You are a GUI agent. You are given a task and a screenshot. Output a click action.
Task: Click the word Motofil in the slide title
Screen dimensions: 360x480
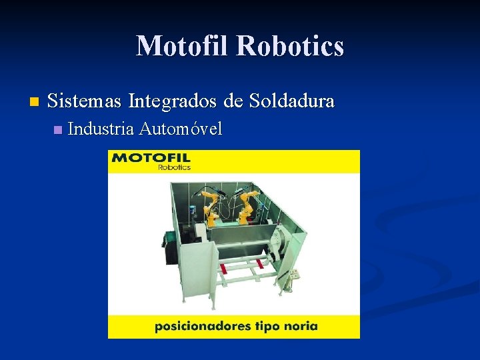tap(183, 46)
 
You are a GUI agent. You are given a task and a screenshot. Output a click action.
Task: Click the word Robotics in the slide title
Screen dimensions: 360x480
tap(290, 46)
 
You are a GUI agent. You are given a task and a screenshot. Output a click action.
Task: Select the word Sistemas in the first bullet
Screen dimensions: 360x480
tap(85, 101)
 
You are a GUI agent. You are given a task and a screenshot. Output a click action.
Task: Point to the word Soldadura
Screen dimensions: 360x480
tap(291, 101)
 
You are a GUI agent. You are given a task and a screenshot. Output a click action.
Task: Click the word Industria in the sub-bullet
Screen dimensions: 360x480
tap(101, 129)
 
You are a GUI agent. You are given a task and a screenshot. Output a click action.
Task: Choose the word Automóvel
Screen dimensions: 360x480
tap(181, 129)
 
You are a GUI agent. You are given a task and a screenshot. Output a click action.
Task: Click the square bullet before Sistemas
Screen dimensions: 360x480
tap(35, 103)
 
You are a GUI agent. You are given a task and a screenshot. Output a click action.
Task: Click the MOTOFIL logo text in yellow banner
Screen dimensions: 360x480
tap(151, 159)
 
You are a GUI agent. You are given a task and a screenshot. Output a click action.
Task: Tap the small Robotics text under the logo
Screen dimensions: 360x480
tap(174, 167)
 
